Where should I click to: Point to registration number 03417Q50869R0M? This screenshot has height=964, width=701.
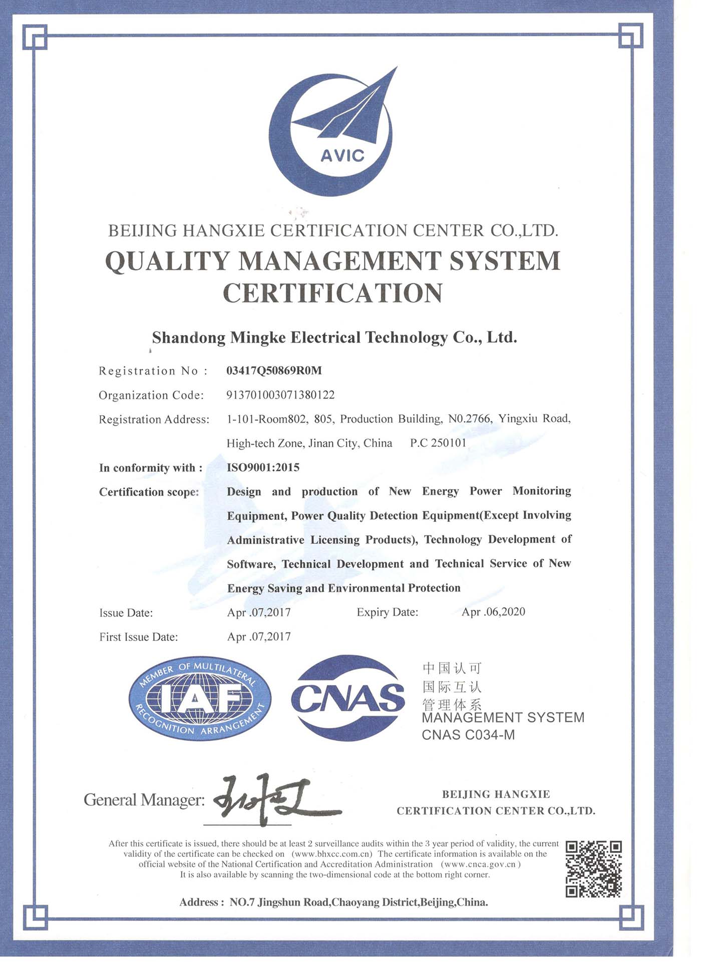[x=274, y=371]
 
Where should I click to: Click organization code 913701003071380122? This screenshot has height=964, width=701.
[x=280, y=395]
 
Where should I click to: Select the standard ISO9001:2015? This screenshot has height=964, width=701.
[x=263, y=468]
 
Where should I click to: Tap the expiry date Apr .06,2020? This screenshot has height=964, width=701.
[x=493, y=612]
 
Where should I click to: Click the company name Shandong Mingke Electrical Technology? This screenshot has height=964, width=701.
[x=334, y=338]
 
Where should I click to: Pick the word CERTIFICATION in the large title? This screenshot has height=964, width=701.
[x=332, y=293]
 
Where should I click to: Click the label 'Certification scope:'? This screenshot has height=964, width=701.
[x=149, y=492]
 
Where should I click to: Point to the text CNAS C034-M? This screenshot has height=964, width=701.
[x=468, y=735]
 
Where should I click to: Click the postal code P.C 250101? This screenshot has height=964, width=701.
[x=438, y=443]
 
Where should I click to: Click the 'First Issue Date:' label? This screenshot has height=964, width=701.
[x=139, y=637]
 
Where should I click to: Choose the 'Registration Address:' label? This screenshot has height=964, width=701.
[x=154, y=420]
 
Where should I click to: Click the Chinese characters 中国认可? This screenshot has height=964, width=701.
[x=452, y=668]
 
